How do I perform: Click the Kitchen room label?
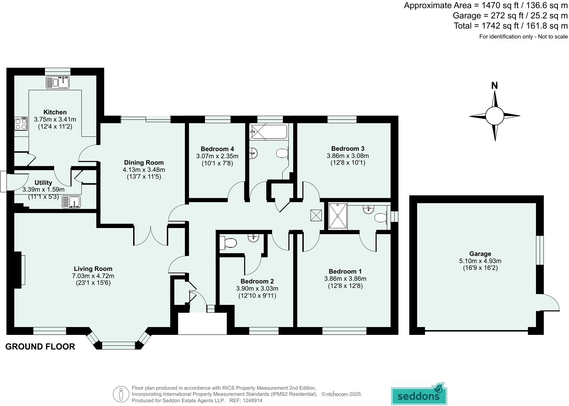(x=55, y=112)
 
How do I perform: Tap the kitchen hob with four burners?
(x=20, y=123)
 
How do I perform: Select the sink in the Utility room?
(x=71, y=202)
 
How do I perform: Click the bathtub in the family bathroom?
(x=268, y=132)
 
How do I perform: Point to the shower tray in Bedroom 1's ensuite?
(x=337, y=216)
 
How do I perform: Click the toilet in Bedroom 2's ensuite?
(x=228, y=243)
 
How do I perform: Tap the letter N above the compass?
(x=494, y=86)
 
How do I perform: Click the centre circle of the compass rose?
(x=494, y=116)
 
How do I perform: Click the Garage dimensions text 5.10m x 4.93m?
(x=480, y=261)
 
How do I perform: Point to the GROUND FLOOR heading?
(x=40, y=346)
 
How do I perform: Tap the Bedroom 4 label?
(x=217, y=149)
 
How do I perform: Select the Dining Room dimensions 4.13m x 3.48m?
(x=144, y=169)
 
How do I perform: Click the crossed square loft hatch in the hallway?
(x=316, y=215)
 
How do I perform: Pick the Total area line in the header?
(x=510, y=26)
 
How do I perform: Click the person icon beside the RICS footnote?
(x=121, y=394)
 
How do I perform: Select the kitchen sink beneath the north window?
(x=58, y=82)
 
